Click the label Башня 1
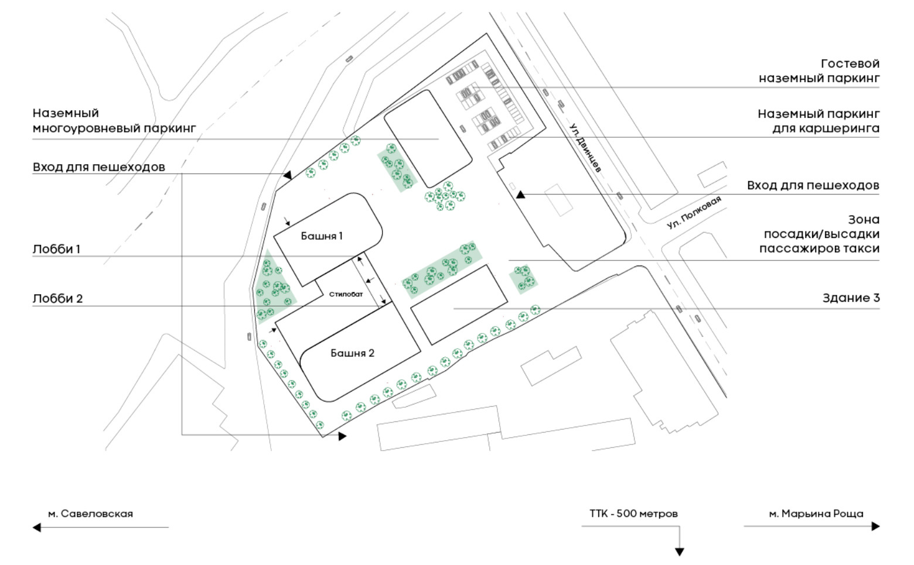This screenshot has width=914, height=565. coord(322,236)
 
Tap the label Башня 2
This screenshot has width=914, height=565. coord(352,353)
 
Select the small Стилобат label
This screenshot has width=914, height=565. coord(346,294)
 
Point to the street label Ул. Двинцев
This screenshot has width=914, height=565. coord(585,148)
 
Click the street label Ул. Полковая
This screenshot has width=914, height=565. coord(694,212)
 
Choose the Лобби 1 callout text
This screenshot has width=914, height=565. coord(56,249)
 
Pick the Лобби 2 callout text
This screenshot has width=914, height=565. coord(57,298)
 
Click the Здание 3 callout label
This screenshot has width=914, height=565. coord(851,298)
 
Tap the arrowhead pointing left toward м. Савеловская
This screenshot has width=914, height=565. coord(37,527)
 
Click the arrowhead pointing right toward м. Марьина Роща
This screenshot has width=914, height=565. coord(876,526)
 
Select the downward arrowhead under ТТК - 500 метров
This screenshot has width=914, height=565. coord(680,552)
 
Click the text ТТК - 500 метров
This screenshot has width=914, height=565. coord(633,513)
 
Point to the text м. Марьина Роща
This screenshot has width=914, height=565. coord(816,513)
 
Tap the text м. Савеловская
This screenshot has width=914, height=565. coord(91,513)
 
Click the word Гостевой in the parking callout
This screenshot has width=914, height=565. coord(850,64)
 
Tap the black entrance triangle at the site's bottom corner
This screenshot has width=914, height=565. coord(342,437)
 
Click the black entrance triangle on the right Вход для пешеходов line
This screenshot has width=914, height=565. coord(520,195)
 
